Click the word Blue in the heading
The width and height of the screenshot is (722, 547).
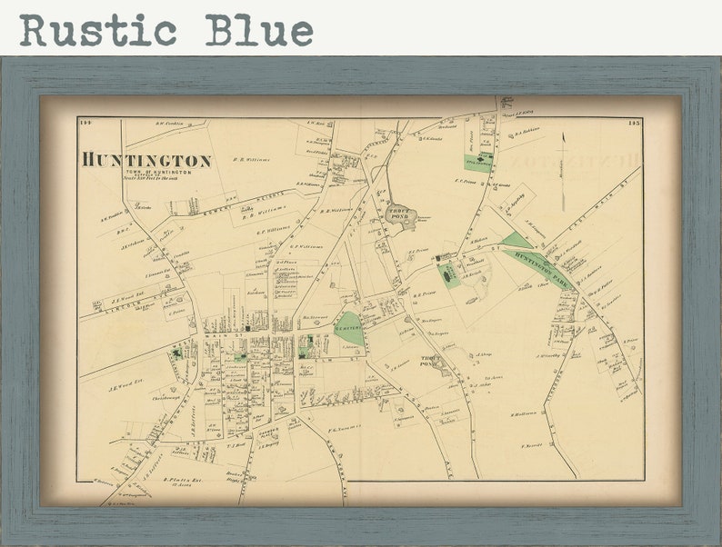point(258,30)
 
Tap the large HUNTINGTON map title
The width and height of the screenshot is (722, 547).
point(146,160)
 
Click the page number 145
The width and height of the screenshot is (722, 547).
point(634,123)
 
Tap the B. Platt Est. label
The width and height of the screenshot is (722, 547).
point(180,479)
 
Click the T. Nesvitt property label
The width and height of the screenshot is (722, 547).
point(532,446)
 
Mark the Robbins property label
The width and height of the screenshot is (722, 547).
point(526,130)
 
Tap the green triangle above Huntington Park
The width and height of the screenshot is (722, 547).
point(516,240)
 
